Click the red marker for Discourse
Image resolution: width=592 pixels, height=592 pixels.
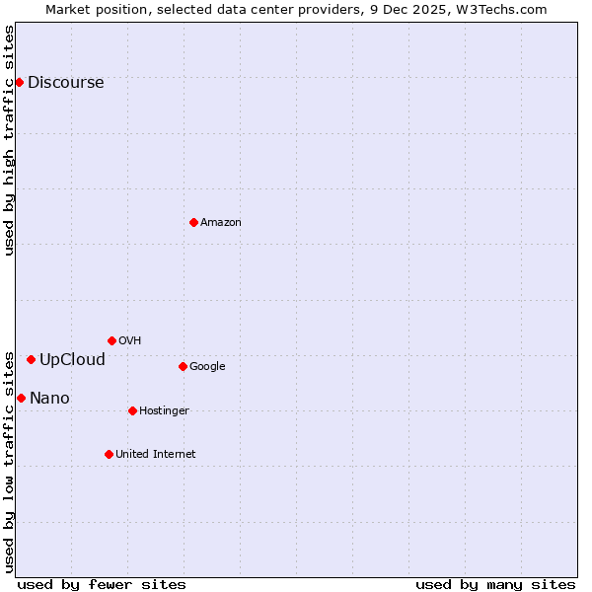[19, 82]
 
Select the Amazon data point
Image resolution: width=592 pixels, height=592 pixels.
[193, 222]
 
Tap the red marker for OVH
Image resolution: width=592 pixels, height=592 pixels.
[111, 340]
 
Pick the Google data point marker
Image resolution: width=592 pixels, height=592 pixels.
[183, 366]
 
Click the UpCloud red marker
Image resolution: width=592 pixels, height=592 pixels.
[31, 359]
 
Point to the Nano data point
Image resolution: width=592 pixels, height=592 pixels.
[21, 398]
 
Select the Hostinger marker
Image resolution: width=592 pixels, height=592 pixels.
[132, 410]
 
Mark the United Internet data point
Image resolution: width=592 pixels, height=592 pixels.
[109, 454]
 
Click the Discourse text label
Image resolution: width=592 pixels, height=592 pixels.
[65, 82]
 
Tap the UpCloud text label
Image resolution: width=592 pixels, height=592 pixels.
[72, 359]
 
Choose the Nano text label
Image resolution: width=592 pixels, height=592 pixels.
[49, 398]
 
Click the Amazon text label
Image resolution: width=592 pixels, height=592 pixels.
[221, 222]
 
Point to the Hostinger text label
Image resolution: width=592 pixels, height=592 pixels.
[164, 410]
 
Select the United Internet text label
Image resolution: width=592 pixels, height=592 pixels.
[156, 454]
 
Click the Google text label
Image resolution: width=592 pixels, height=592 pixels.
[207, 366]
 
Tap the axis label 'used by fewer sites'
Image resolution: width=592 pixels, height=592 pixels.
[102, 584]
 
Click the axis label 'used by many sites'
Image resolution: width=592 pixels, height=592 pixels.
[495, 584]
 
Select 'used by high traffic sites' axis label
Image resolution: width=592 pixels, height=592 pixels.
[9, 140]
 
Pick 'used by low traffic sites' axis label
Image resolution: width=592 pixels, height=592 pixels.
[9, 461]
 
